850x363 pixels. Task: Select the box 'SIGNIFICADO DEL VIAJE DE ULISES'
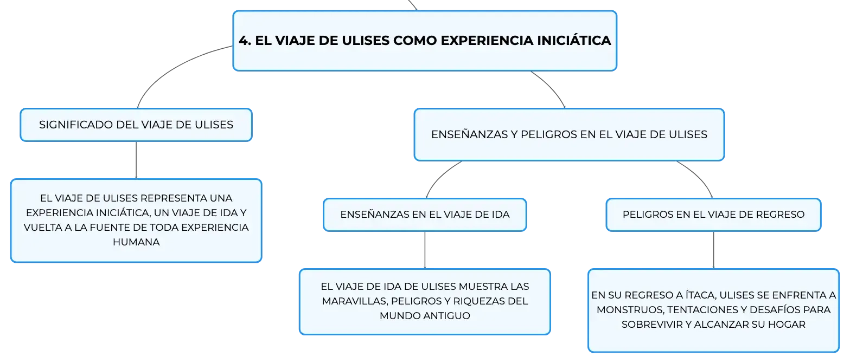click(x=136, y=125)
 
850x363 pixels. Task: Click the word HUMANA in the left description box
click(x=136, y=242)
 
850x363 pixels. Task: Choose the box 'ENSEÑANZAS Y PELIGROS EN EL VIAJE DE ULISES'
click(x=569, y=134)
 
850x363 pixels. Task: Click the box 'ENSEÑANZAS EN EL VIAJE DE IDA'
click(x=425, y=215)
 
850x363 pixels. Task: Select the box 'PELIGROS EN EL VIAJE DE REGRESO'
click(x=714, y=215)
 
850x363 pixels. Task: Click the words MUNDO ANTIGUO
click(x=425, y=316)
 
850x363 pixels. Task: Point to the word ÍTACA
click(x=699, y=295)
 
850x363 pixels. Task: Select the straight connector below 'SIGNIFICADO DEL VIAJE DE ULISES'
click(x=136, y=160)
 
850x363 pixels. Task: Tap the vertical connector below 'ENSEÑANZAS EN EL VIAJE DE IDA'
click(x=425, y=250)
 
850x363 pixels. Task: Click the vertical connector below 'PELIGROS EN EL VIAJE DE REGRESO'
click(x=714, y=250)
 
